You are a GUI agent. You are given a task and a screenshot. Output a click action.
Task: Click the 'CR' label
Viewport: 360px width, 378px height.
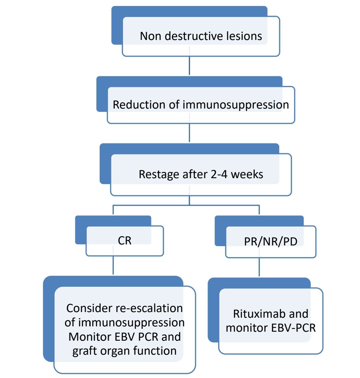pyautogui.click(x=125, y=240)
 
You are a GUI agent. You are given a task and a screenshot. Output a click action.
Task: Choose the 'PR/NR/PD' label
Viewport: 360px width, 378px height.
pyautogui.click(x=271, y=241)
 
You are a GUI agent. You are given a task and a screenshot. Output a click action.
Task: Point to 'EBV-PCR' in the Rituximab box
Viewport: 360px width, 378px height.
pyautogui.click(x=293, y=328)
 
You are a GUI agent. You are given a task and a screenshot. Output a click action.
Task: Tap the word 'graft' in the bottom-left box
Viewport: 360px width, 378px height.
pyautogui.click(x=86, y=351)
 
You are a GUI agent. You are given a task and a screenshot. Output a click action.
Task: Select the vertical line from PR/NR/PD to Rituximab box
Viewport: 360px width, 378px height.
pyautogui.click(x=259, y=267)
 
